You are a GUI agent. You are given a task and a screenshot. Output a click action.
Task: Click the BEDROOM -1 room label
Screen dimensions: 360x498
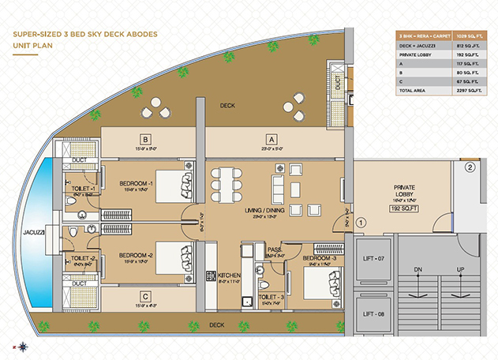[137, 183]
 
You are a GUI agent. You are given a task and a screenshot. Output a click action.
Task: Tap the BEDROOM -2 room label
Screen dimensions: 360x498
[137, 256]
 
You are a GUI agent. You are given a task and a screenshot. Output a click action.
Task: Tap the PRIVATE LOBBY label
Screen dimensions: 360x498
[404, 187]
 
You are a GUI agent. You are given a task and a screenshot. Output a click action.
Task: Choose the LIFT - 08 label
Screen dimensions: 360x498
[374, 314]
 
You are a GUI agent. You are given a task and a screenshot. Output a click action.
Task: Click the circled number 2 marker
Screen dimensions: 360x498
[470, 167]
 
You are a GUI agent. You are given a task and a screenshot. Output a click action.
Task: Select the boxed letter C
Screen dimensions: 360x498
[146, 297]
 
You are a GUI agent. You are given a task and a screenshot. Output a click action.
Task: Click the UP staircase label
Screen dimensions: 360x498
[459, 271]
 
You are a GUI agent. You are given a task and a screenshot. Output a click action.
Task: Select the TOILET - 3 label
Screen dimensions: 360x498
[270, 297]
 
